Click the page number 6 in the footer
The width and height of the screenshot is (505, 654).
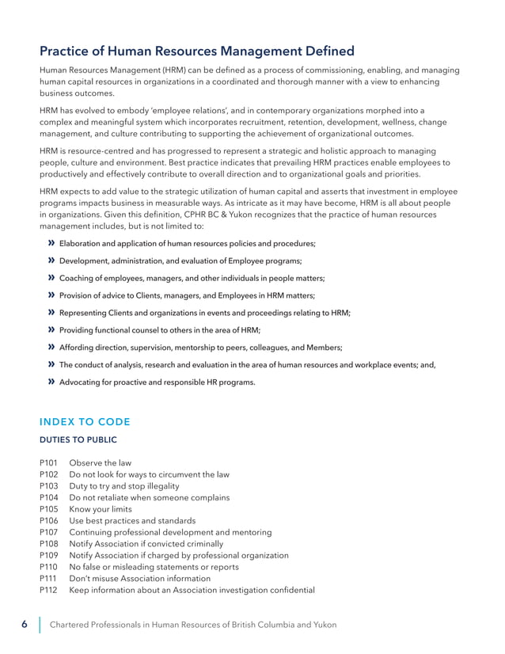(25, 625)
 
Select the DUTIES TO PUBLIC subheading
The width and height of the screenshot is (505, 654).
(78, 439)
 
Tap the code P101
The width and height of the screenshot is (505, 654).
(49, 463)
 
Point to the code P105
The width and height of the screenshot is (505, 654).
(49, 509)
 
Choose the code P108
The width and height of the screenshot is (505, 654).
(49, 544)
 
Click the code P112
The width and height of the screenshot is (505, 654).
(49, 590)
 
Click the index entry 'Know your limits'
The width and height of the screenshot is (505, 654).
(101, 509)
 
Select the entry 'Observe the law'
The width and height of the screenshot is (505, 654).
(101, 463)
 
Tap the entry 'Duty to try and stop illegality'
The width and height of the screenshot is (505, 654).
(124, 486)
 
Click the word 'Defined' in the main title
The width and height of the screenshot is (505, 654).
(325, 51)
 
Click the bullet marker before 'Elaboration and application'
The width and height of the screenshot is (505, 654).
(52, 242)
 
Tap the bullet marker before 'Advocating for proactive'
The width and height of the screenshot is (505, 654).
(52, 382)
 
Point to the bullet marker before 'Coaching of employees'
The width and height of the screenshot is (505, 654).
(52, 277)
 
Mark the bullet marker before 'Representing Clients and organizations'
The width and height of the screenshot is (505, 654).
(52, 312)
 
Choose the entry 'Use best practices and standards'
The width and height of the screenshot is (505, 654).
(132, 521)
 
